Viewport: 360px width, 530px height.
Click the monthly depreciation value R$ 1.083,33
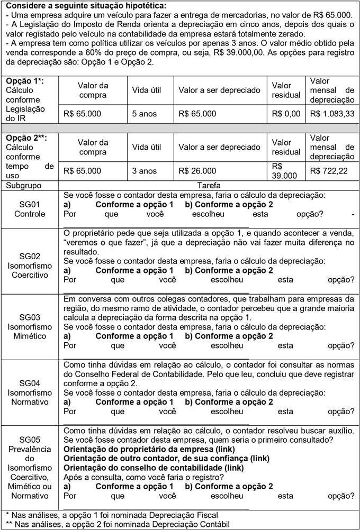coord(332,114)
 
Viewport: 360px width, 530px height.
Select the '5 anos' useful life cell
coord(144,114)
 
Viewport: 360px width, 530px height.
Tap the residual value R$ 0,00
coord(286,114)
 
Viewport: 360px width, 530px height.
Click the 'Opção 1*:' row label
coord(24,81)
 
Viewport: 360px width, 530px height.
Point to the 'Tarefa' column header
coord(209,186)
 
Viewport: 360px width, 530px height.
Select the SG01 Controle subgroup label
coord(30,209)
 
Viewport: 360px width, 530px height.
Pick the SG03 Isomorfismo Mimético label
coord(30,326)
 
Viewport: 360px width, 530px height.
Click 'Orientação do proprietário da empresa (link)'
coord(146,449)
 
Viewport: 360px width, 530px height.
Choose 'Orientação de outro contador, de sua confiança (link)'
coord(167,458)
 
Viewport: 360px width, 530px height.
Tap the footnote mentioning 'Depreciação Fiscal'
coord(111,515)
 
